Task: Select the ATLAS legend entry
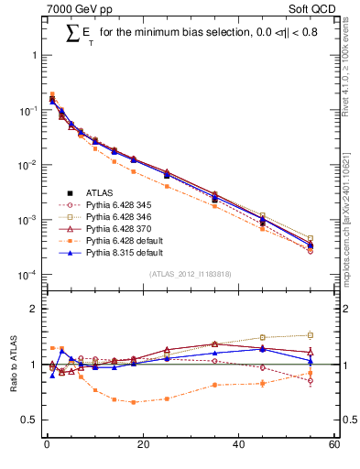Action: pos(97,192)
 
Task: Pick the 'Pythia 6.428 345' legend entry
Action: pos(116,204)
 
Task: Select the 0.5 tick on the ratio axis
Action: pos(31,420)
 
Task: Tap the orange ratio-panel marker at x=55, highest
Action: pos(311,335)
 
